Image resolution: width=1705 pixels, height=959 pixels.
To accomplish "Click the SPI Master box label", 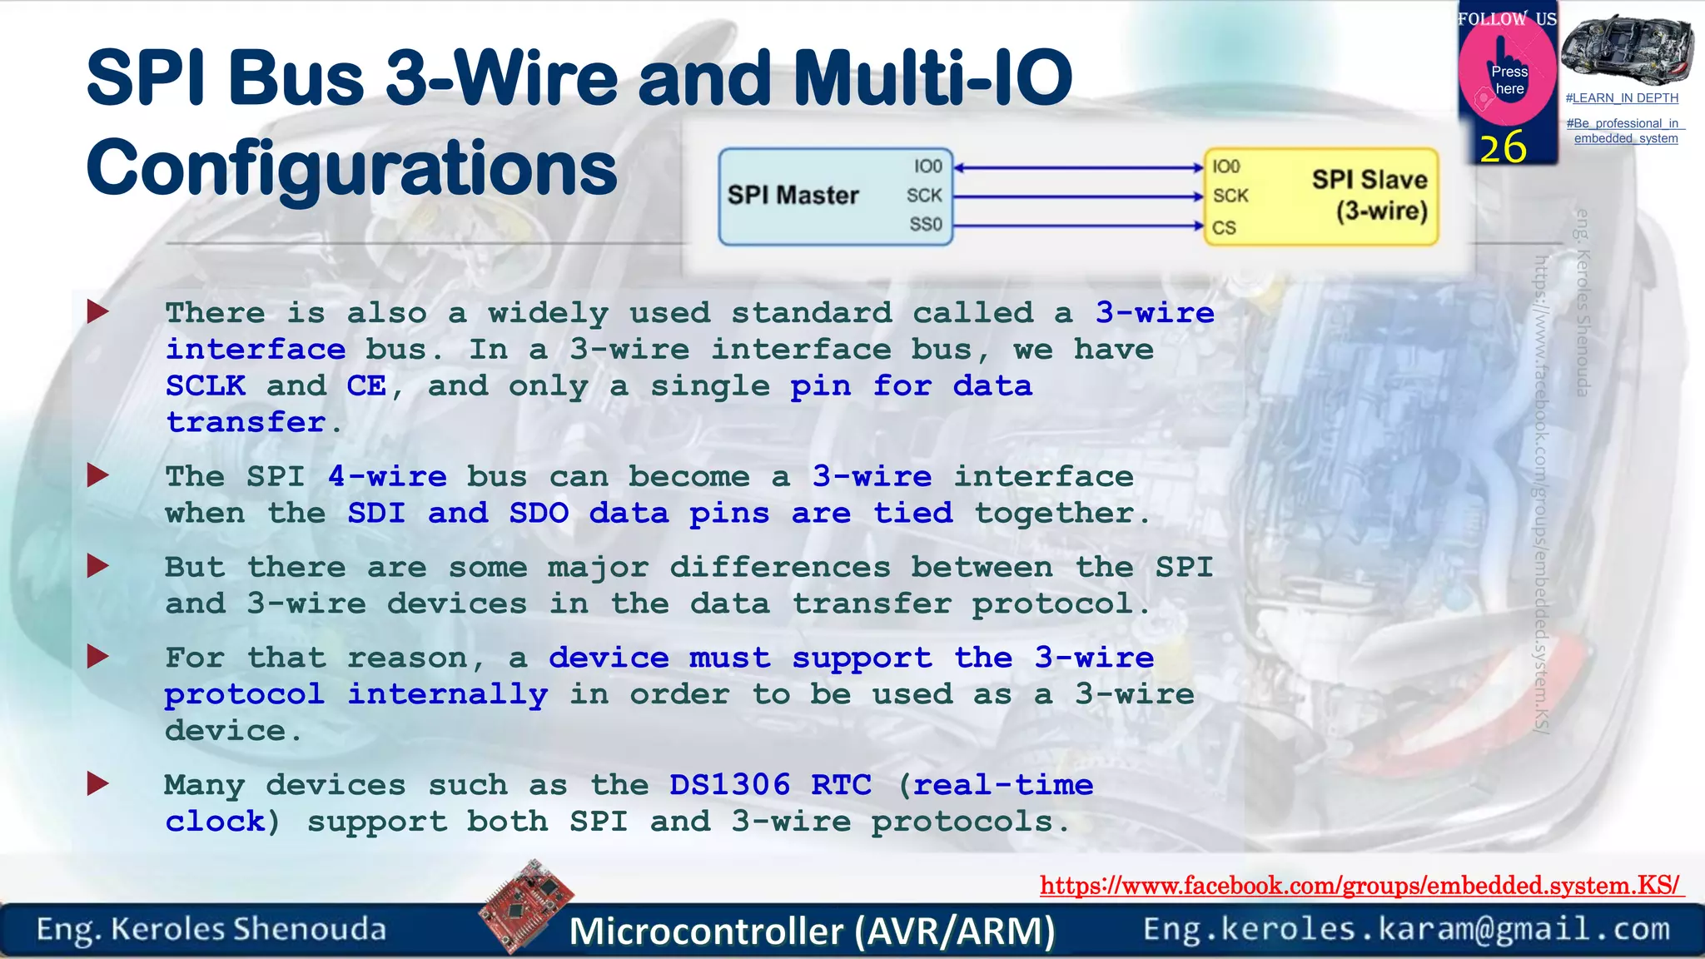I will pyautogui.click(x=793, y=195).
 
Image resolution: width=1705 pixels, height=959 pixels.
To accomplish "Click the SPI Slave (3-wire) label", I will pyautogui.click(x=1370, y=195).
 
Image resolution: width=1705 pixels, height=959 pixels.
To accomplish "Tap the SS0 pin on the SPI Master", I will pyautogui.click(x=925, y=225).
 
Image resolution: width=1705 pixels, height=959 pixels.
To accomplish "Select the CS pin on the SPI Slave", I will pyautogui.click(x=1224, y=227).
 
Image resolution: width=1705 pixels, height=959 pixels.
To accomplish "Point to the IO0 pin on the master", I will pyautogui.click(x=927, y=166).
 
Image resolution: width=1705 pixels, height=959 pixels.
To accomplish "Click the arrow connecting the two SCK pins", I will pyautogui.click(x=1078, y=197).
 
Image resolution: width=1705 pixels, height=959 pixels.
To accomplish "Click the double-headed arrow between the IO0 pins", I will pyautogui.click(x=1078, y=167).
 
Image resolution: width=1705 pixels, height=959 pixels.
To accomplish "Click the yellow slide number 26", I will pyautogui.click(x=1503, y=148).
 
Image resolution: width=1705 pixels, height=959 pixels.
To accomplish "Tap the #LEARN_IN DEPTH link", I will pyautogui.click(x=1622, y=98).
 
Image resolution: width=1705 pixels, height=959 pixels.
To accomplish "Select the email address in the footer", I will pyautogui.click(x=1406, y=929).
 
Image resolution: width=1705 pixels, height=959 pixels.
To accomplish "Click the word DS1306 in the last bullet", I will pyautogui.click(x=729, y=785).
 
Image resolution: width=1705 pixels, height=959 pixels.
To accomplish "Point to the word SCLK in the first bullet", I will pyautogui.click(x=206, y=386).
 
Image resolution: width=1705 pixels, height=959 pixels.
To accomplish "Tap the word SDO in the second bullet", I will pyautogui.click(x=539, y=513).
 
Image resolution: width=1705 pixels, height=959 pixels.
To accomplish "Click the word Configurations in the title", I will pyautogui.click(x=351, y=168).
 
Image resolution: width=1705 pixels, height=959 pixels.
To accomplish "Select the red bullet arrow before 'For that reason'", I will pyautogui.click(x=98, y=657).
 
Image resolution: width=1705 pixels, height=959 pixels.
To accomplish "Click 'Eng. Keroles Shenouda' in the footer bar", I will pyautogui.click(x=211, y=929).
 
